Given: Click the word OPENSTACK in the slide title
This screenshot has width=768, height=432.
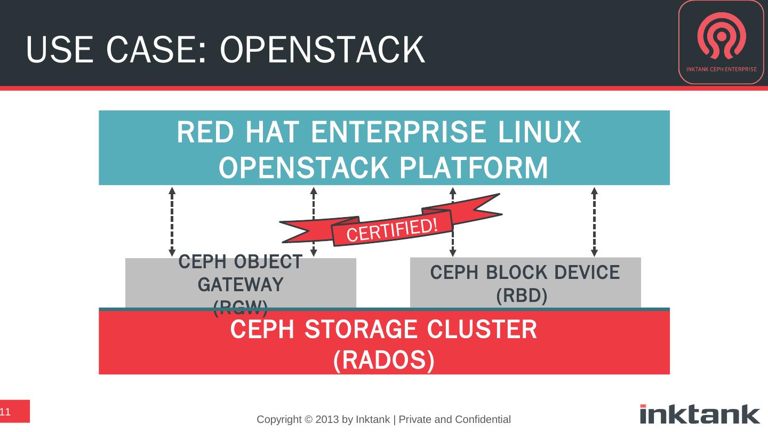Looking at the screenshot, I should (x=322, y=50).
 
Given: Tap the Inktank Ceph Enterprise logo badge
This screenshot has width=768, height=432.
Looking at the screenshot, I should (x=721, y=43).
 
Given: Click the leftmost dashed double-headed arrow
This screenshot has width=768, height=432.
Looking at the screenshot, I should (x=172, y=221).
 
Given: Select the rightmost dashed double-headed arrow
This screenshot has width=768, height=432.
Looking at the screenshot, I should (x=594, y=221).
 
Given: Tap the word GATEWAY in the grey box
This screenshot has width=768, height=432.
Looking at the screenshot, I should (x=241, y=285).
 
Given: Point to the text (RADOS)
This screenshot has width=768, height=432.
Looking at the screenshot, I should (x=383, y=361).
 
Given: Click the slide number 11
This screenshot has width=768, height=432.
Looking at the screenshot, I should (x=6, y=412).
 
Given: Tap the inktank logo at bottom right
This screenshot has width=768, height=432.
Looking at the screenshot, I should (x=700, y=414).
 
